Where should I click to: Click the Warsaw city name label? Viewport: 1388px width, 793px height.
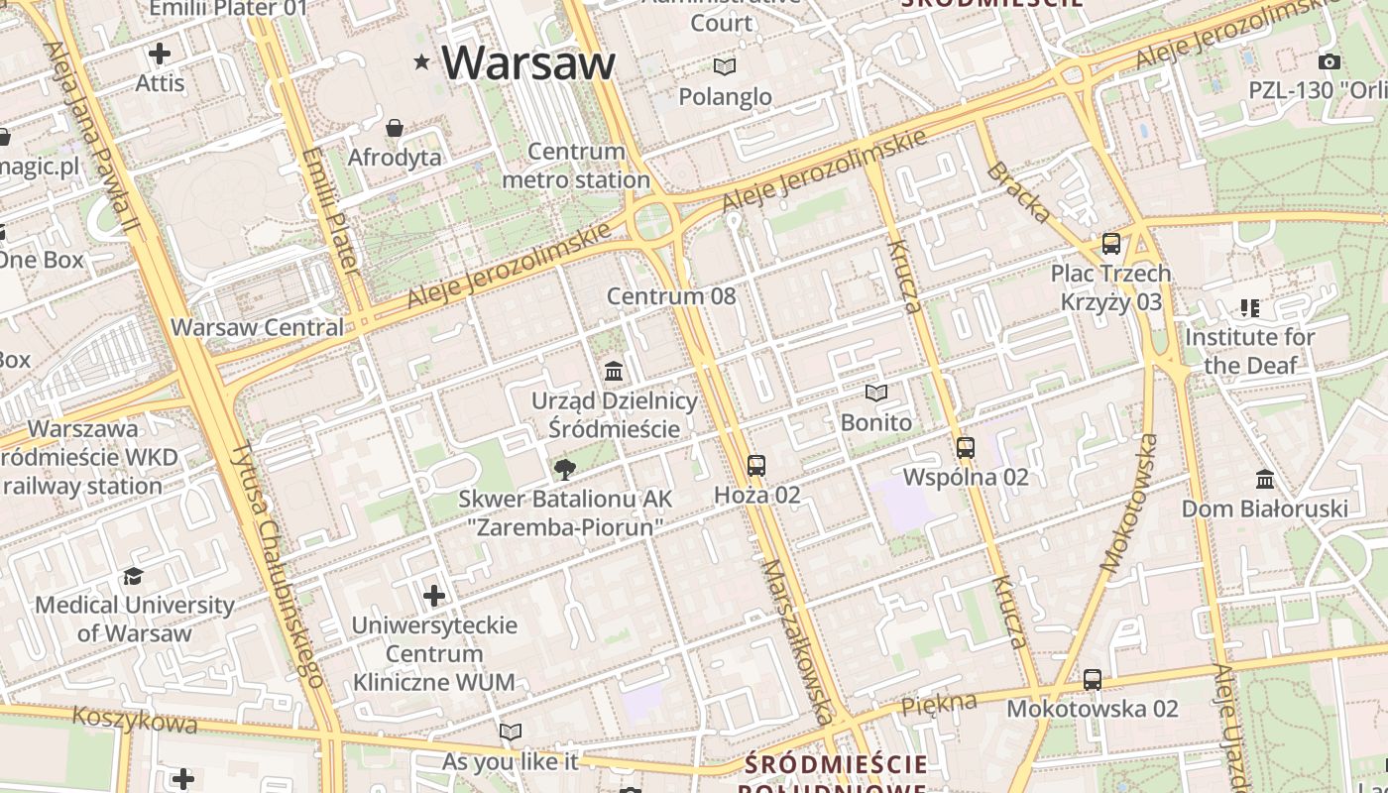(528, 62)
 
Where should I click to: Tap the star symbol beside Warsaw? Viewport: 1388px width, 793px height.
(421, 62)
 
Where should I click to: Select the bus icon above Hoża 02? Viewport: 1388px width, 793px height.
(756, 465)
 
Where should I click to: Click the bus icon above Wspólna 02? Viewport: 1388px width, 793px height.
(966, 447)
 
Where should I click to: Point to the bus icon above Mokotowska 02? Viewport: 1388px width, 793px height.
(1092, 679)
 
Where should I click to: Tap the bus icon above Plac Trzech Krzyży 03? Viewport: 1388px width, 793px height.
(1111, 243)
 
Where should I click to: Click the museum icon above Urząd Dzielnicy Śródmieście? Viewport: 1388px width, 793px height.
(614, 372)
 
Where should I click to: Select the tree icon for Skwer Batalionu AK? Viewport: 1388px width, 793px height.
(565, 468)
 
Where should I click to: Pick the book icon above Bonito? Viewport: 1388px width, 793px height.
(875, 394)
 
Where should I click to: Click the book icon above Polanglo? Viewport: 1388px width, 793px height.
(725, 66)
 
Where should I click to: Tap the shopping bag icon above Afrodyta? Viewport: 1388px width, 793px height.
(395, 128)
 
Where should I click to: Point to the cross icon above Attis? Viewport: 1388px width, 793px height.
(160, 53)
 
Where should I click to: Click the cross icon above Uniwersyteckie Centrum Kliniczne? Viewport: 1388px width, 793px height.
(434, 596)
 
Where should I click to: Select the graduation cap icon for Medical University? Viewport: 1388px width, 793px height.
(133, 576)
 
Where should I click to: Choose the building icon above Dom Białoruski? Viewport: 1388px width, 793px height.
(1264, 480)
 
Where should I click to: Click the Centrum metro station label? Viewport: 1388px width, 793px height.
(576, 166)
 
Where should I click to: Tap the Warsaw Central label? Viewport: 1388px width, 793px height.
(258, 327)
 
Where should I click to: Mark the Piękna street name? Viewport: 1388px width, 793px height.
(938, 705)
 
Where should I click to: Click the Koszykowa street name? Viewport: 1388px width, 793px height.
(135, 720)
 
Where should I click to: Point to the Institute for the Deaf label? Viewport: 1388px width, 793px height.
(1250, 351)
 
